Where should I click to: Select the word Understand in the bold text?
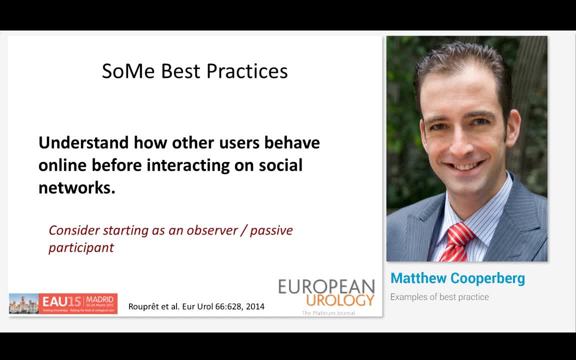(83, 143)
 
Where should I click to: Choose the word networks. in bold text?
(76, 187)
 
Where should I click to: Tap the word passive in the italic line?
(271, 230)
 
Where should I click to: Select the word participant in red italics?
(81, 247)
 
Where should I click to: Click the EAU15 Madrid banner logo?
(63, 303)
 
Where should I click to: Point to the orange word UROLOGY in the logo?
(340, 300)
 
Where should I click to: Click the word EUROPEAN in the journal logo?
(326, 286)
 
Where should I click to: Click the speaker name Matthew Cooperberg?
(457, 278)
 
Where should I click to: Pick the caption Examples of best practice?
(439, 297)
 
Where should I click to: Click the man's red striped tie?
(456, 242)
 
